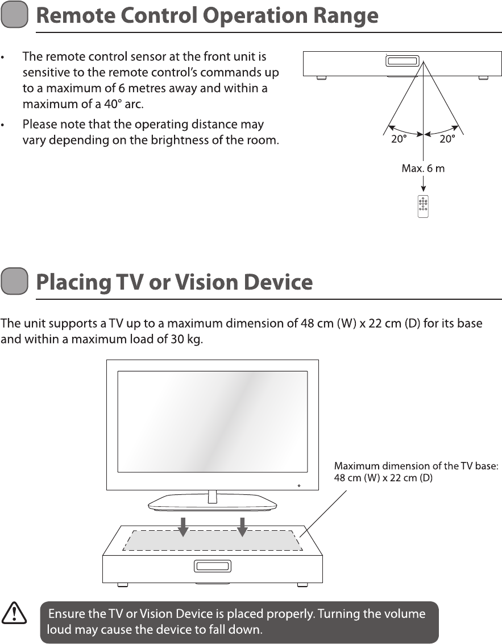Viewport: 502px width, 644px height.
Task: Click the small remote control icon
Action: pyautogui.click(x=423, y=207)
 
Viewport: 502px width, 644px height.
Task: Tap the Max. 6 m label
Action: pyautogui.click(x=423, y=169)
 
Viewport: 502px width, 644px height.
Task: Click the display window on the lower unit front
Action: pyautogui.click(x=213, y=566)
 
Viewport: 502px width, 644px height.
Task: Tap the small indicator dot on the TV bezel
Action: pyautogui.click(x=299, y=486)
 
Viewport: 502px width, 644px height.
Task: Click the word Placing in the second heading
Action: pyautogui.click(x=74, y=282)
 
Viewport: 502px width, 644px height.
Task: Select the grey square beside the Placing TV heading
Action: pyautogui.click(x=15, y=282)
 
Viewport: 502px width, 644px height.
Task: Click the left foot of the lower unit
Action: pyautogui.click(x=122, y=584)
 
